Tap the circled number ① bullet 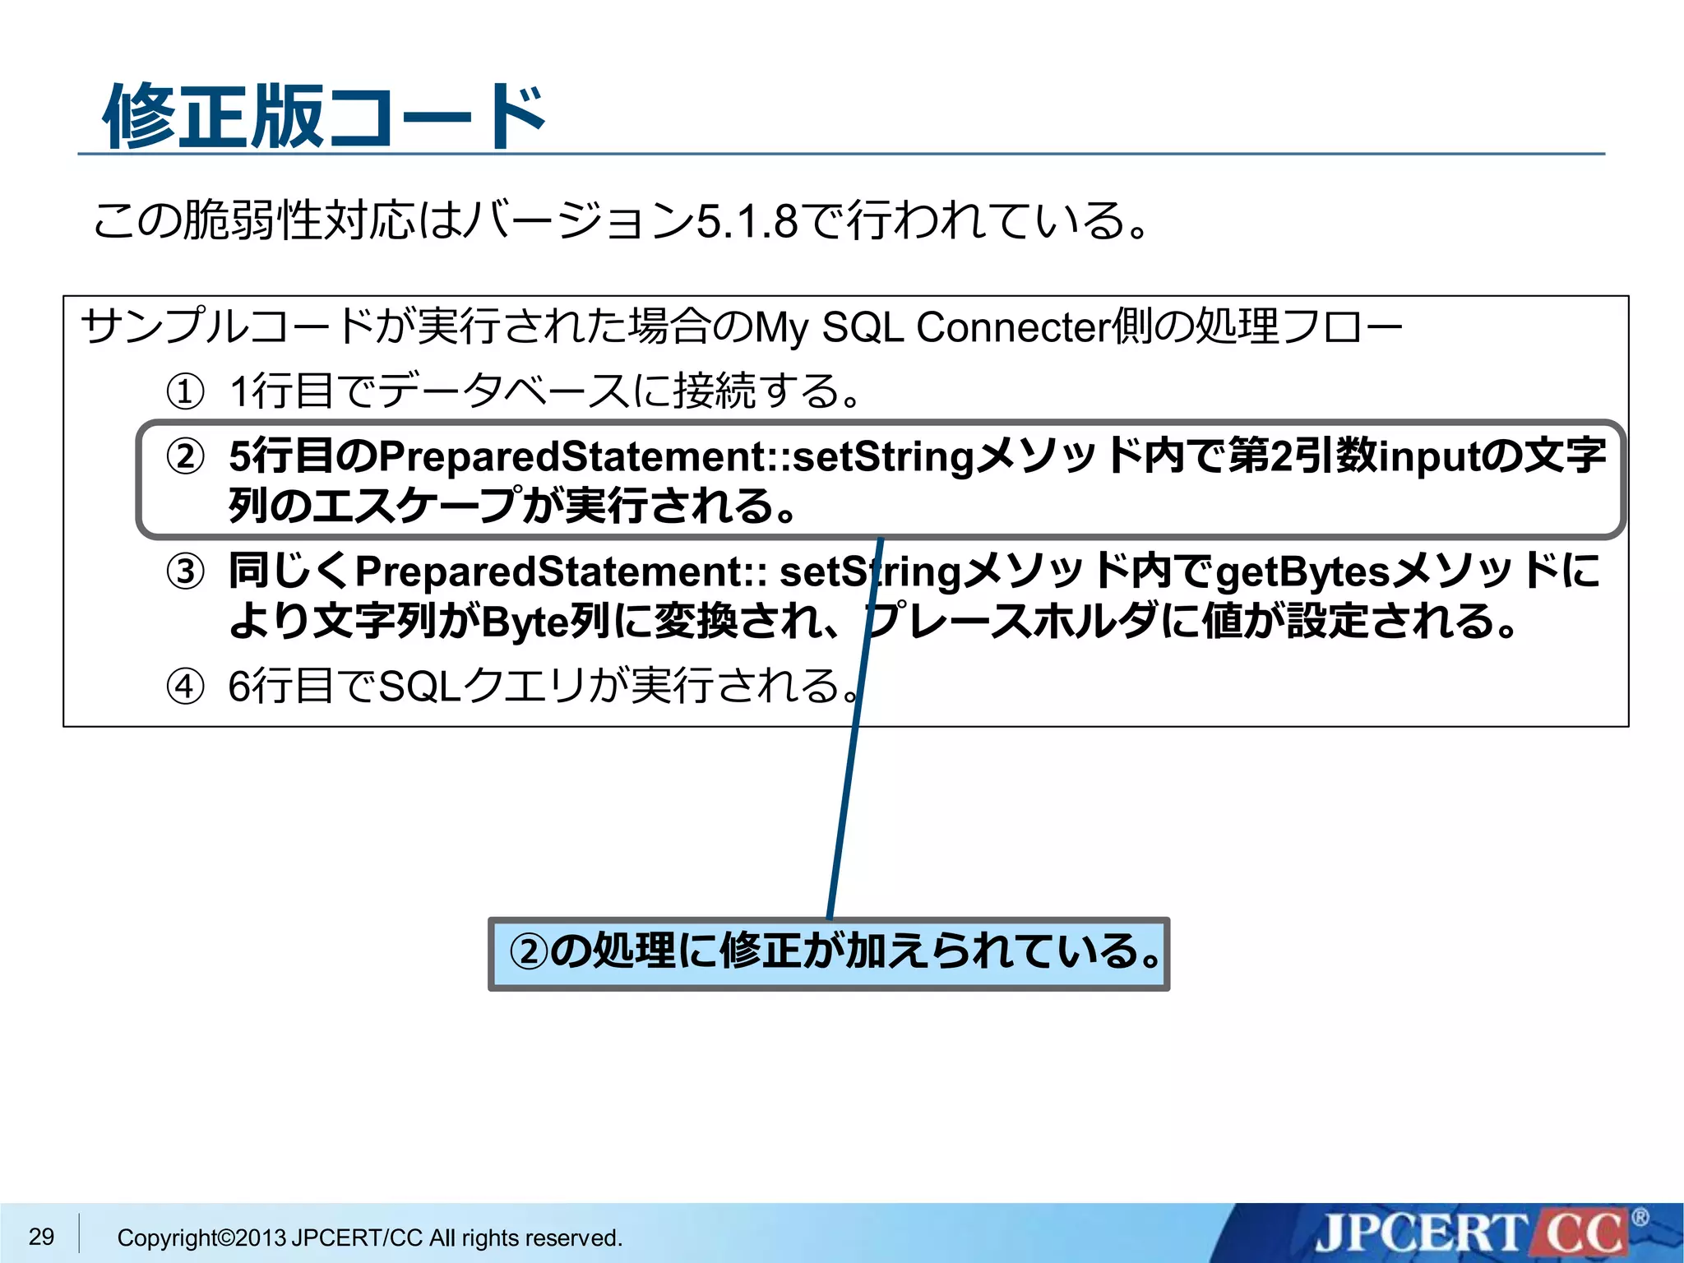[x=185, y=391]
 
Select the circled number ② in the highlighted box [x=185, y=456]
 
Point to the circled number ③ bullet [x=185, y=571]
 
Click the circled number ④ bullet [x=185, y=687]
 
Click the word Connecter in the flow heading [x=1011, y=327]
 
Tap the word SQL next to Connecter [x=863, y=327]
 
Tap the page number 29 [x=41, y=1236]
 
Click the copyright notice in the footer [x=369, y=1238]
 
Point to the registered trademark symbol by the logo [x=1640, y=1218]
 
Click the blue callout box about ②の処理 [x=828, y=954]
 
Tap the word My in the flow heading [x=781, y=327]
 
